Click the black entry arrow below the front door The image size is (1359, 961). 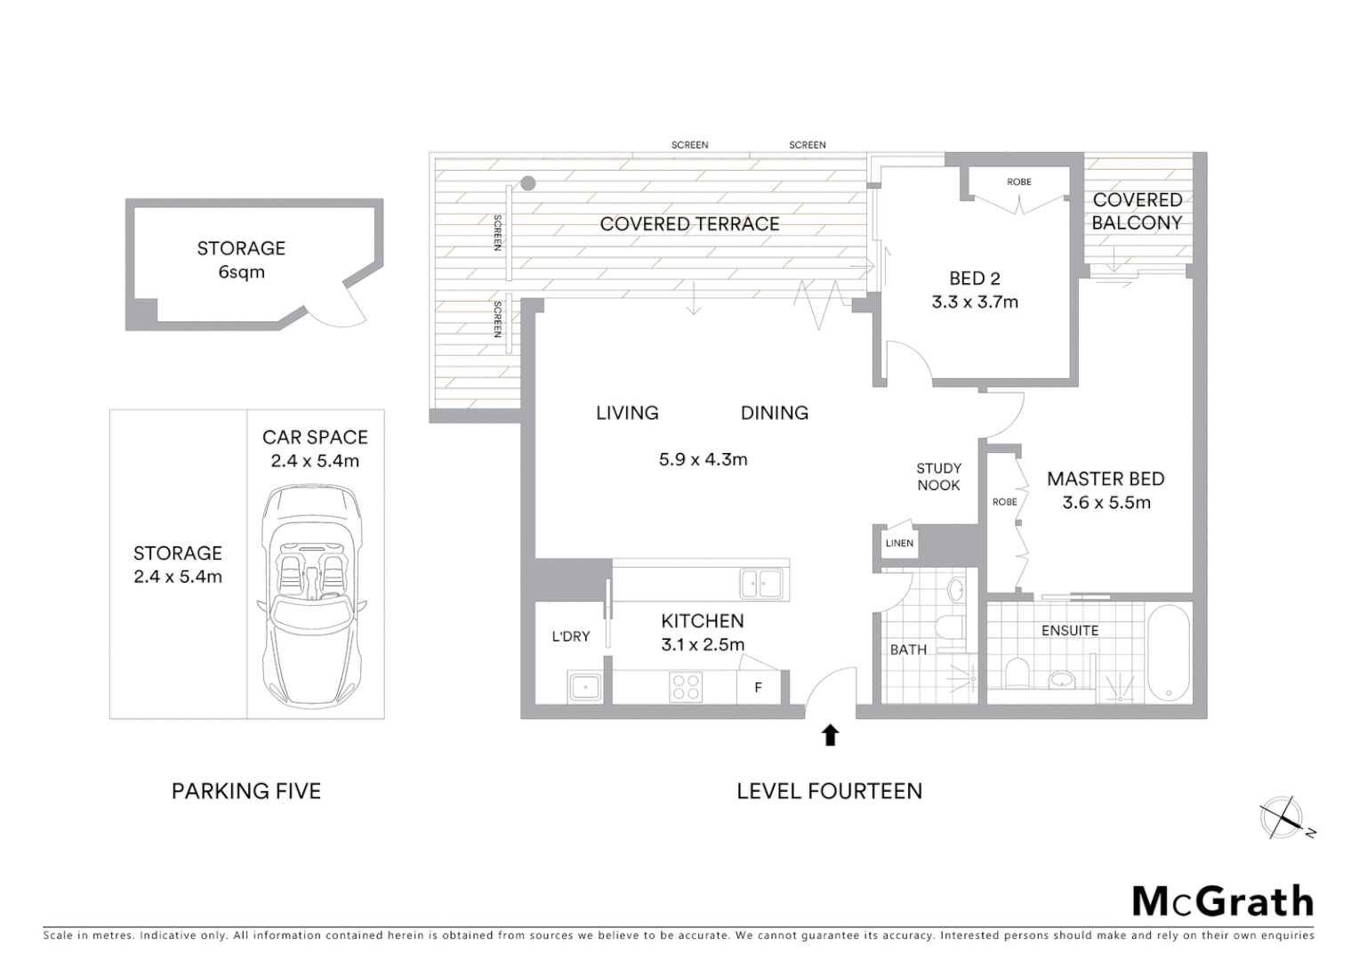pyautogui.click(x=830, y=735)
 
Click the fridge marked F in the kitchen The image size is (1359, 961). pyautogui.click(x=759, y=687)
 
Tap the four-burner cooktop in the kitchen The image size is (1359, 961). pyautogui.click(x=686, y=687)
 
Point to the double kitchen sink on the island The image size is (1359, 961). pyautogui.click(x=762, y=585)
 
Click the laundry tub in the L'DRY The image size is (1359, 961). pyautogui.click(x=586, y=687)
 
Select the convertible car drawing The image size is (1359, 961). pyautogui.click(x=314, y=594)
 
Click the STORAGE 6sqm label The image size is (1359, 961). pyautogui.click(x=241, y=260)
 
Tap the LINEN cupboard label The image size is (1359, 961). pyautogui.click(x=899, y=543)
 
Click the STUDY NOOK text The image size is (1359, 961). pyautogui.click(x=939, y=476)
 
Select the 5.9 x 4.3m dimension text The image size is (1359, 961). pyautogui.click(x=703, y=460)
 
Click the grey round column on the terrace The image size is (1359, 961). pyautogui.click(x=527, y=183)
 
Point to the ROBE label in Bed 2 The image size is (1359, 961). pyautogui.click(x=1019, y=182)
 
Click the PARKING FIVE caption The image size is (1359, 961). pyautogui.click(x=245, y=790)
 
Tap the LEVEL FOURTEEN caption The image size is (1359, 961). pyautogui.click(x=829, y=790)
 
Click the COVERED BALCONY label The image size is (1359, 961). pyautogui.click(x=1137, y=211)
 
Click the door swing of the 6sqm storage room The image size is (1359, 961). pyautogui.click(x=342, y=311)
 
